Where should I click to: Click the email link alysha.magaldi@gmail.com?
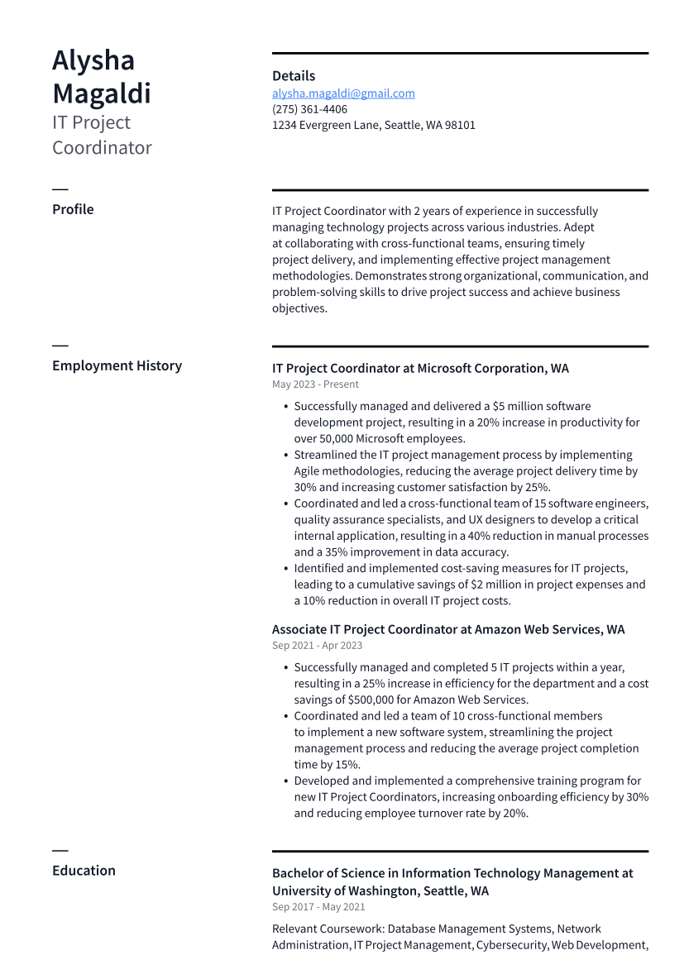343,93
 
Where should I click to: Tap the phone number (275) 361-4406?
309,109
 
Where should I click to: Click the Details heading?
294,76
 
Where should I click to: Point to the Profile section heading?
73,209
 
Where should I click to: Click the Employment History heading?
117,365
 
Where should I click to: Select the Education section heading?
84,871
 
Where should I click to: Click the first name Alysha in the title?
93,60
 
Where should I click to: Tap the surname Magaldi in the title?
102,93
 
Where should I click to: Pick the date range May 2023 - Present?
315,384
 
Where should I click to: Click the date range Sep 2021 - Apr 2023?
317,646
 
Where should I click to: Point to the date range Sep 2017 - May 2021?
318,907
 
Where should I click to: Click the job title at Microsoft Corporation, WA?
420,369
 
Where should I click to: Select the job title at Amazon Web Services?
448,630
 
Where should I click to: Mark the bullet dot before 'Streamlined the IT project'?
285,456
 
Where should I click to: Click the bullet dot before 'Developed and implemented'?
285,781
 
